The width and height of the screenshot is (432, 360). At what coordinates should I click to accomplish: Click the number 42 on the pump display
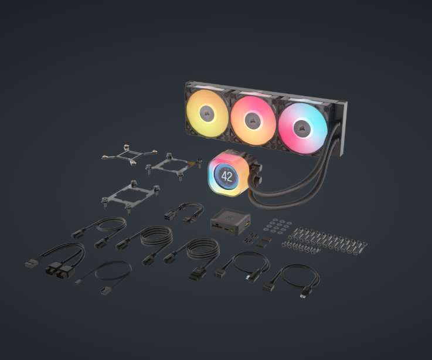point(227,176)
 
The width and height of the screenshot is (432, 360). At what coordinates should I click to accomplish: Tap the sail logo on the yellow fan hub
point(207,113)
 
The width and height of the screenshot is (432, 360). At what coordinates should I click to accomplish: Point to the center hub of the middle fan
point(253,120)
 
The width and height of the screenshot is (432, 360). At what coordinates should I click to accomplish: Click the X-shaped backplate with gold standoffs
point(129,155)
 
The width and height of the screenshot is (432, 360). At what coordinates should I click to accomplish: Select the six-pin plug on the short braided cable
point(169,216)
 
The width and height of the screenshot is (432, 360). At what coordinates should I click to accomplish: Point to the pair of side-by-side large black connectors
point(60,271)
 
